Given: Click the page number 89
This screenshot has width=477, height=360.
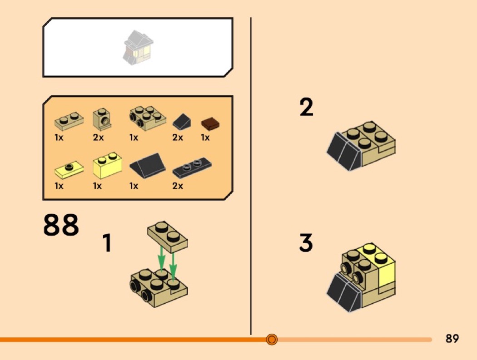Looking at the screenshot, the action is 452,338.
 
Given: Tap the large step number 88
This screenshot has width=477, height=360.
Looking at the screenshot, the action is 61,225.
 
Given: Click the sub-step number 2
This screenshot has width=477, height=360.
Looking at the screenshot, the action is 306,107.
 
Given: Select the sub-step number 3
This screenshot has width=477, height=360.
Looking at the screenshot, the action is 306,242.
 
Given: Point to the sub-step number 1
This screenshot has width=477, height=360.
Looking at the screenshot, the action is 107,242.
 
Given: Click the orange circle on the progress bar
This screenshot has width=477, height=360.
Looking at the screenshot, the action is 272,339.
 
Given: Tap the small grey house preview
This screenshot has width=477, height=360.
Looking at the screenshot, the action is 138,47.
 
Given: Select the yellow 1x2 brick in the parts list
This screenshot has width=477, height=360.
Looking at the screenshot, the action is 107,165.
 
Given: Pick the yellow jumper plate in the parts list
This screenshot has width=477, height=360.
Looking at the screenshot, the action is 69,170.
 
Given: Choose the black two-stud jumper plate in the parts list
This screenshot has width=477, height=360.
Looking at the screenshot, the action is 192,167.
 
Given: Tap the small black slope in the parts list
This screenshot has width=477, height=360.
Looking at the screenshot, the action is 182,122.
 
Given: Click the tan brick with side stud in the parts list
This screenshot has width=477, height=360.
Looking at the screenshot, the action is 102,119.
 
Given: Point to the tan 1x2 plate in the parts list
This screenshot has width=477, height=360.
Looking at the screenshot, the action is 69,121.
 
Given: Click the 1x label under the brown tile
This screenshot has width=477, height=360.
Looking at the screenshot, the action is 205,138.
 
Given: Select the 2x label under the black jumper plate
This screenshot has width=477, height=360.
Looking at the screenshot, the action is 178,186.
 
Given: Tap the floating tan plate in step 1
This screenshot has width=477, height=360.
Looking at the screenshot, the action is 168,237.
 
